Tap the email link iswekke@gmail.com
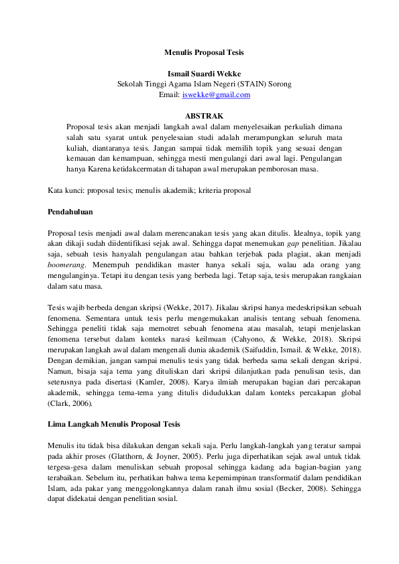216,95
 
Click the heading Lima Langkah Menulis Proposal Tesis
114,425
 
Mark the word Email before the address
168,95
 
